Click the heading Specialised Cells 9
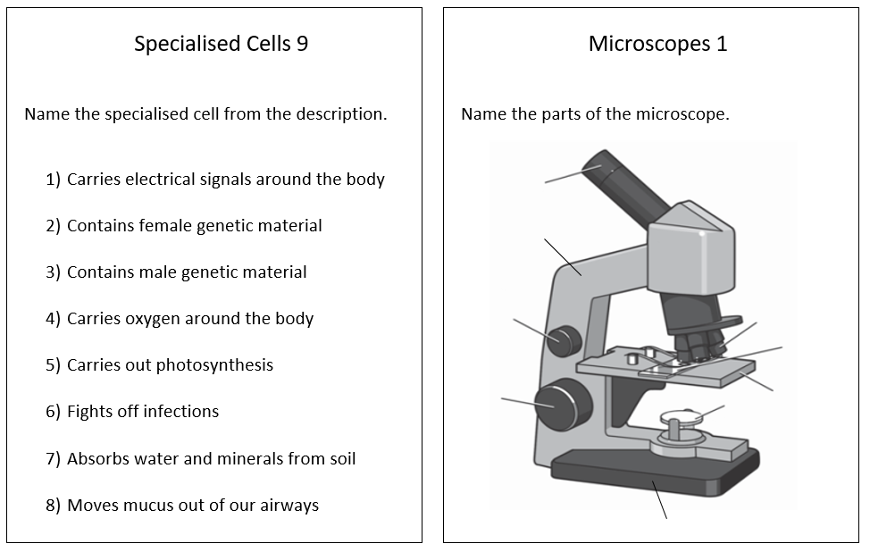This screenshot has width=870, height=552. click(221, 44)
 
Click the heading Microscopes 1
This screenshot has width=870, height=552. click(657, 44)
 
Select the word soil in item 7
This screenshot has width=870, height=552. click(339, 459)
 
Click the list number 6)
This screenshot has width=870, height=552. click(54, 412)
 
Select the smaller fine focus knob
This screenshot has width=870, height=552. click(565, 339)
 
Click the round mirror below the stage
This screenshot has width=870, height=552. click(679, 417)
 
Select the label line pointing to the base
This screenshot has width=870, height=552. click(659, 500)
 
